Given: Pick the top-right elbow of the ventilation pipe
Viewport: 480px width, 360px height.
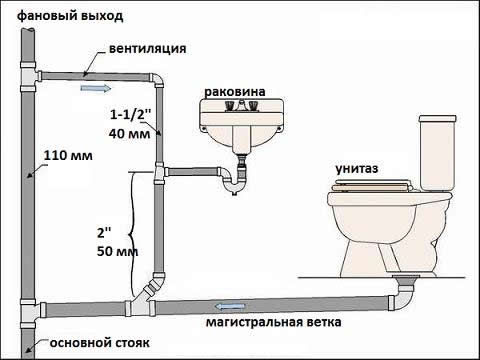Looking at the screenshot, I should pos(158,80).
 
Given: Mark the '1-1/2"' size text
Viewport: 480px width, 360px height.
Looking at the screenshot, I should pos(126,115).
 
